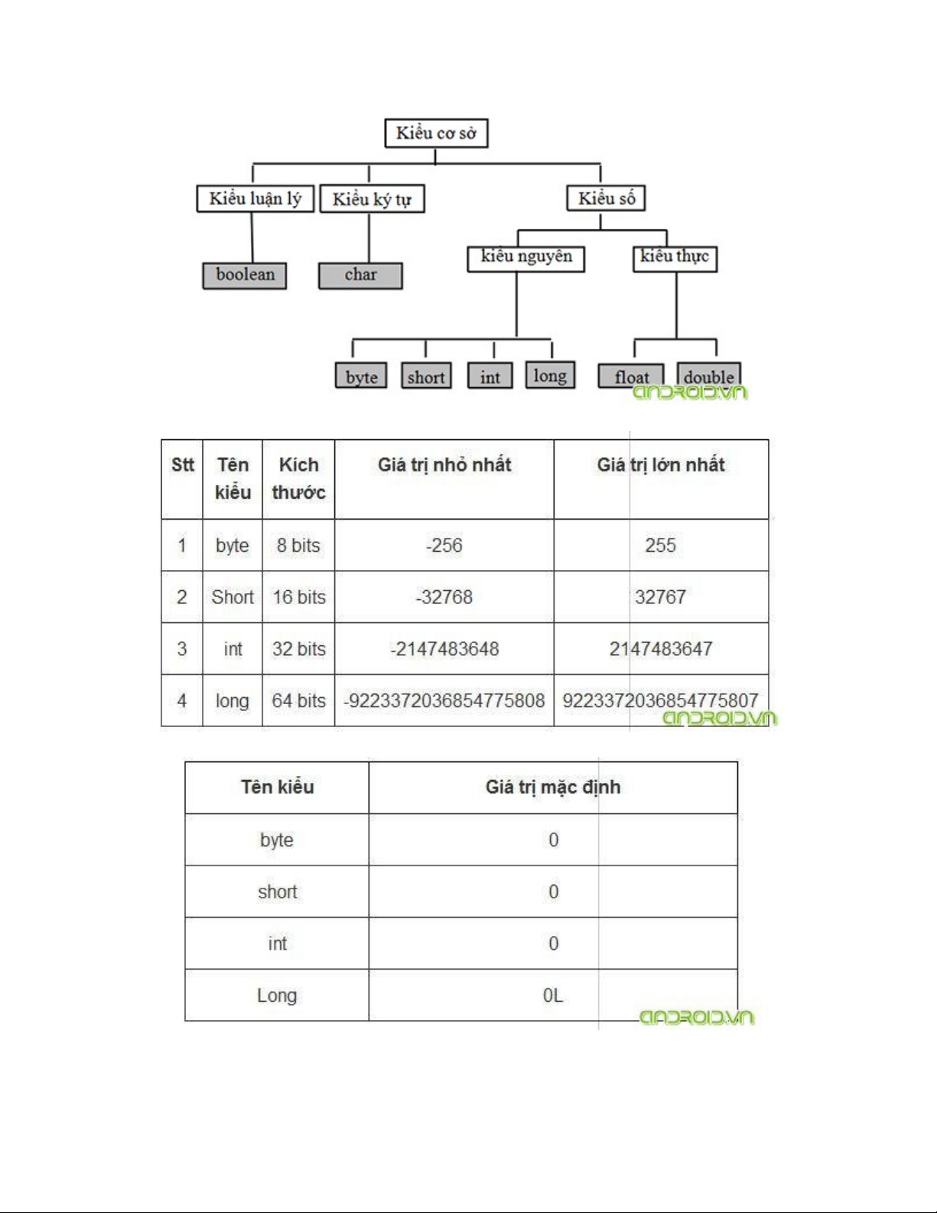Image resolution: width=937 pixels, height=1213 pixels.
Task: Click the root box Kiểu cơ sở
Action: point(435,133)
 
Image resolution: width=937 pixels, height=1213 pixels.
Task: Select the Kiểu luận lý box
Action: point(255,199)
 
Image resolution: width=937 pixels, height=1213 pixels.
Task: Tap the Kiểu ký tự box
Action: point(372,199)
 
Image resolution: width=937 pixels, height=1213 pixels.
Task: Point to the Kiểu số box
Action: point(606,198)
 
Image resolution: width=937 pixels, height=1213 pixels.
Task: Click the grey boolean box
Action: point(245,275)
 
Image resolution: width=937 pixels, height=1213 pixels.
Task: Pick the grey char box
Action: point(360,275)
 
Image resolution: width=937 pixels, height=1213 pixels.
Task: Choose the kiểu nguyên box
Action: point(525,258)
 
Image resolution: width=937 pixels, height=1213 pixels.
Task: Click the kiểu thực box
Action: point(675,258)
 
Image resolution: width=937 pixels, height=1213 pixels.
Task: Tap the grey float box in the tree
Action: point(631,377)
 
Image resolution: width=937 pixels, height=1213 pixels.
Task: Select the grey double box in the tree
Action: point(708,376)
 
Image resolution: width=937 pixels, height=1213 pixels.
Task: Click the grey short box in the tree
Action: point(426,377)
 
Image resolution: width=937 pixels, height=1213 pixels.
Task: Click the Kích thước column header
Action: point(298,478)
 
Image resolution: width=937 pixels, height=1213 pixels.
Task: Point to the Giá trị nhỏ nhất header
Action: point(444,465)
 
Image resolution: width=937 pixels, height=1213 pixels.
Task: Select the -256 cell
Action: point(444,546)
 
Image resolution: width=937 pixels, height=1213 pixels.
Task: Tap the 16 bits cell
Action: point(299,597)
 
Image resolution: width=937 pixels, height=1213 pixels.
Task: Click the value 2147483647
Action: point(661,649)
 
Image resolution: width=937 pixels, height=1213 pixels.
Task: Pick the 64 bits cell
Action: point(299,701)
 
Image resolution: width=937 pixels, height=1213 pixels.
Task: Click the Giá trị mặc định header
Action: point(552,787)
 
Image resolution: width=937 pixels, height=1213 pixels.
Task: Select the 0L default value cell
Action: point(552,996)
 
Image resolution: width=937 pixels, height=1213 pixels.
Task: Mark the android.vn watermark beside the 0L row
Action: point(696,1018)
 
